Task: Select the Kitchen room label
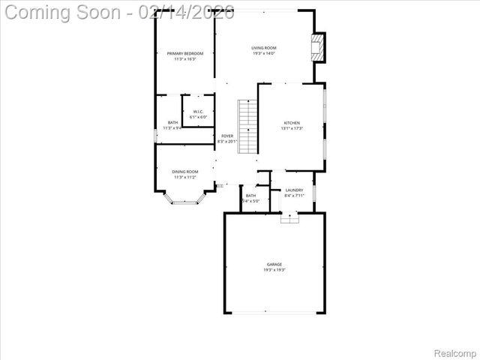[x=292, y=123]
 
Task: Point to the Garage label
[x=274, y=265]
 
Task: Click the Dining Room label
[x=185, y=172]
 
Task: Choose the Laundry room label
[x=294, y=190]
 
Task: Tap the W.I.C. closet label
[x=198, y=112]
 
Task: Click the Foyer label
[x=227, y=136]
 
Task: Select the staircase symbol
[x=247, y=126]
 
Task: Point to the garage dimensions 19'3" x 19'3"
[x=274, y=270]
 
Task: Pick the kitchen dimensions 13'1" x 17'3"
[x=292, y=128]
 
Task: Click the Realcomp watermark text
[x=456, y=352]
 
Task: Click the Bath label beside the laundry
[x=250, y=196]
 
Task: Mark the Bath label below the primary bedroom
[x=173, y=123]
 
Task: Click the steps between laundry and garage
[x=289, y=217]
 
